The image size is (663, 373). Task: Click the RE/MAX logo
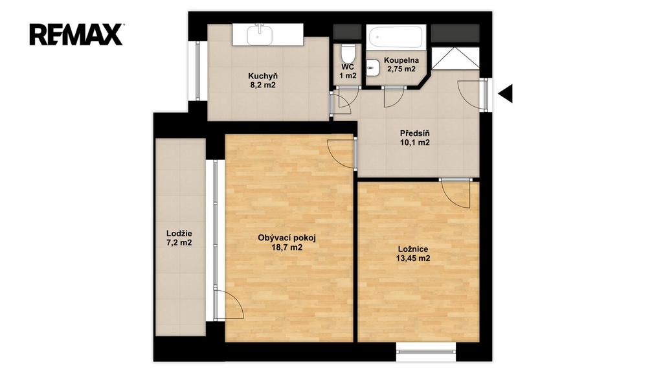[x=76, y=34]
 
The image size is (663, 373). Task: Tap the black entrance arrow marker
[x=505, y=93]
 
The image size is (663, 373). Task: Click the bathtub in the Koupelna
[x=396, y=37]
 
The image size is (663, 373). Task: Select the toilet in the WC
[x=348, y=54]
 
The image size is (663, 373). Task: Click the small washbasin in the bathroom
[x=372, y=65]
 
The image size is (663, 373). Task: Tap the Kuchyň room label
[x=263, y=76]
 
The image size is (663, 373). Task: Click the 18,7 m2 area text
[x=287, y=247]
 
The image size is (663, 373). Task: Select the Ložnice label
[x=413, y=249]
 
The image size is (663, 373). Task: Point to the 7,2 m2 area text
[x=179, y=243]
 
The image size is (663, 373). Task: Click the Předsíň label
[x=415, y=133]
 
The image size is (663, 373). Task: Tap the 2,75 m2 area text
[x=401, y=69]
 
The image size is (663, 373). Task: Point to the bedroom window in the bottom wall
[x=426, y=352]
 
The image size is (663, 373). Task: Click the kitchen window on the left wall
[x=197, y=71]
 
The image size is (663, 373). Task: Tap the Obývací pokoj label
[x=287, y=238]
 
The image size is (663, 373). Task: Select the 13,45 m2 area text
[x=413, y=258]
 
